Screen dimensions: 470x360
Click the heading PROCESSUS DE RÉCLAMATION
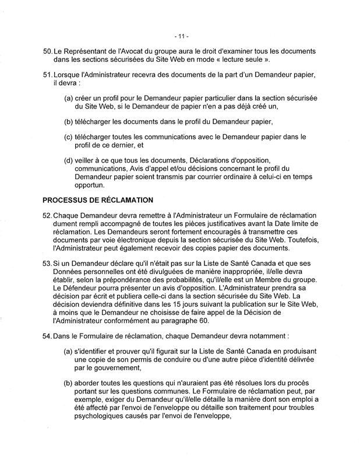[98, 200]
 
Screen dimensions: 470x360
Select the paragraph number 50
[48, 52]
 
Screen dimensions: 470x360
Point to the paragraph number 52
[48, 216]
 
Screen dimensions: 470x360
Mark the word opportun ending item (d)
[90, 185]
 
